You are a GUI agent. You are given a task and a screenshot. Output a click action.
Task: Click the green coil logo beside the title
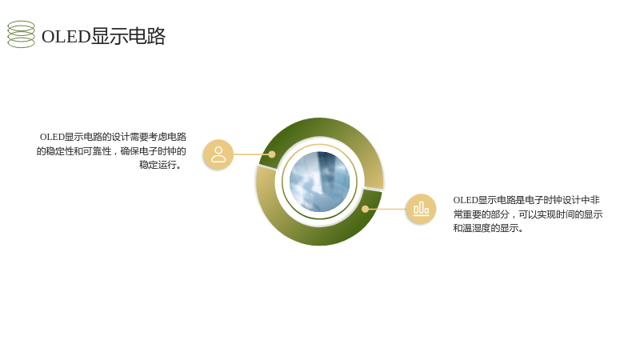[x=22, y=34]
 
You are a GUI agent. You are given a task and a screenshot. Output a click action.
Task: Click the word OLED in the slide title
[x=66, y=36]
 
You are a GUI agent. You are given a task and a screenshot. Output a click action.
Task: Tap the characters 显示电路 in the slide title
[x=128, y=36]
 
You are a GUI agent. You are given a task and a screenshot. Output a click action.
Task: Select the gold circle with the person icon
[x=218, y=154]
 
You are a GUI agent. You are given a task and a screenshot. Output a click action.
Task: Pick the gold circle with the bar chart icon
[x=421, y=209]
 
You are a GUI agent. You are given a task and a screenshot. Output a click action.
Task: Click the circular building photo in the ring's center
[x=319, y=182]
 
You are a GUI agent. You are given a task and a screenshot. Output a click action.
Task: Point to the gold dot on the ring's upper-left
[x=272, y=154]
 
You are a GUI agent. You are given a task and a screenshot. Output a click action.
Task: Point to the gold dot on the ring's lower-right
[x=366, y=209]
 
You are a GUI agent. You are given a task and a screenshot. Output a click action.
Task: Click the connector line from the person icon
[x=251, y=154]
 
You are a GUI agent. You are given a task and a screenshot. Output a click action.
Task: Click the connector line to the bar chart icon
[x=387, y=209]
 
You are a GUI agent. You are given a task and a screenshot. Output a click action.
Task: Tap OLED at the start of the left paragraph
[x=52, y=137]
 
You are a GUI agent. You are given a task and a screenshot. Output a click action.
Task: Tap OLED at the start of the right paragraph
[x=466, y=200]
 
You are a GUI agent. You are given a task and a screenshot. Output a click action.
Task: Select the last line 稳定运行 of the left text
[x=161, y=165]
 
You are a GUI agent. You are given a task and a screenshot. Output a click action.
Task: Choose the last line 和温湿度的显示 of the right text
[x=488, y=228]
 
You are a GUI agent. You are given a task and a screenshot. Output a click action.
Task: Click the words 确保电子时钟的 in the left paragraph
[x=154, y=151]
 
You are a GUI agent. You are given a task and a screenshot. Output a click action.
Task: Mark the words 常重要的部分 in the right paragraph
[x=482, y=214]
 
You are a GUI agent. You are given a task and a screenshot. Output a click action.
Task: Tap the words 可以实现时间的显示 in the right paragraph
[x=561, y=214]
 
